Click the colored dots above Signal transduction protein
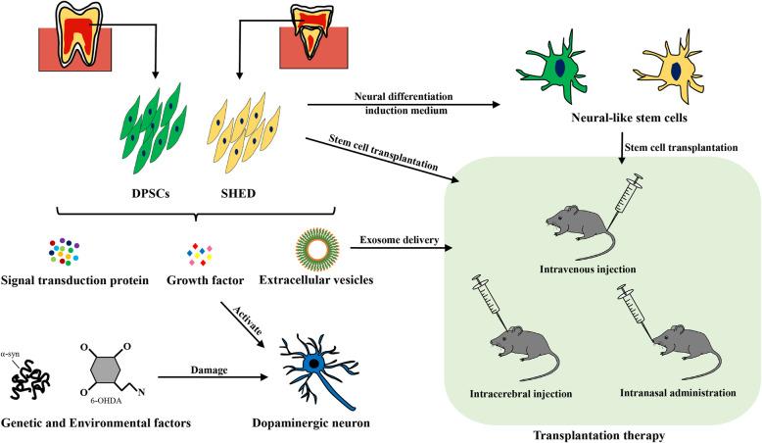coord(65,254)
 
